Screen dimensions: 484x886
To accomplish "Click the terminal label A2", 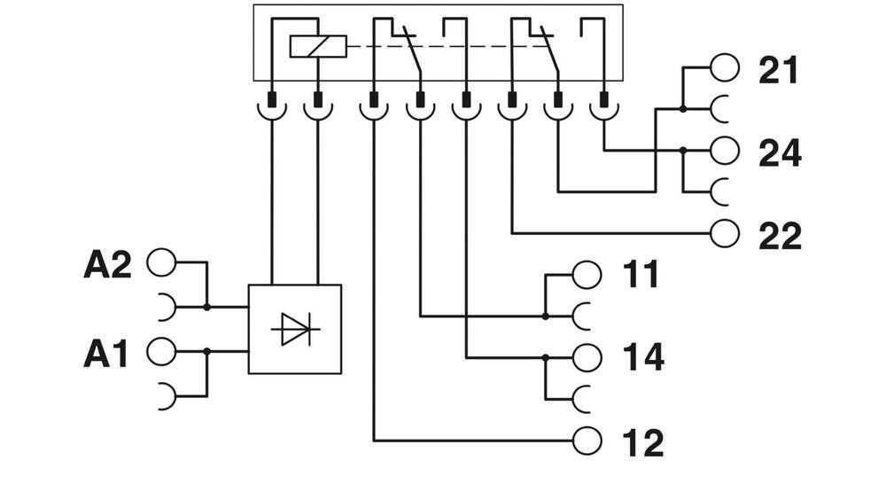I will (107, 265).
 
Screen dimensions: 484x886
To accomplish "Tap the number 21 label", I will (778, 71).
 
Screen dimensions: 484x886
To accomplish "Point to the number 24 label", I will (780, 153).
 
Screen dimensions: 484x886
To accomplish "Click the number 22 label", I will (780, 236).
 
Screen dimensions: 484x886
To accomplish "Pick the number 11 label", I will (641, 276).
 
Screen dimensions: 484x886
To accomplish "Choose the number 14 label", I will (642, 358).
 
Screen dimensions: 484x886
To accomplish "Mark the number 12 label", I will (642, 441).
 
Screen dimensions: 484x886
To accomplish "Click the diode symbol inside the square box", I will (295, 330).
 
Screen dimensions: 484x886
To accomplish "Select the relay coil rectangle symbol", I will (318, 46).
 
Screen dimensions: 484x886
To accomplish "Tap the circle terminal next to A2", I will (161, 263).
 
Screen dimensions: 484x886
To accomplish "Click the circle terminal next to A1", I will (161, 351).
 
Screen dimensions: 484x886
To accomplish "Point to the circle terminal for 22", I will (725, 233).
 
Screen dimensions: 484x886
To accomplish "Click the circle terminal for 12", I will (587, 439).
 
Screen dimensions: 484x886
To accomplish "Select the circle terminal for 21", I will (725, 67).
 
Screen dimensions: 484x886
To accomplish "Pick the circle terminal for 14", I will (587, 357).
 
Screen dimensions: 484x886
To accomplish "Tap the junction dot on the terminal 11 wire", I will (546, 315).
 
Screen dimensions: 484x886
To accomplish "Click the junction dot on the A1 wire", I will (206, 351).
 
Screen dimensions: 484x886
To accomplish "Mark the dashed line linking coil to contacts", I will (443, 46).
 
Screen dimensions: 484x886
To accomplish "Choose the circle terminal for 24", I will (725, 151).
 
